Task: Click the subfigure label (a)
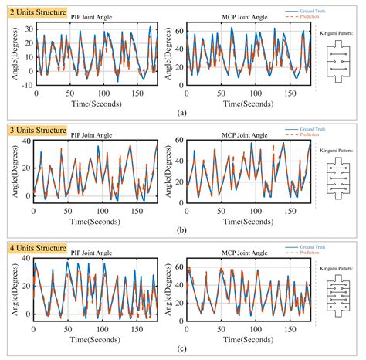click(181, 112)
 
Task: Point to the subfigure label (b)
click(181, 230)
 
